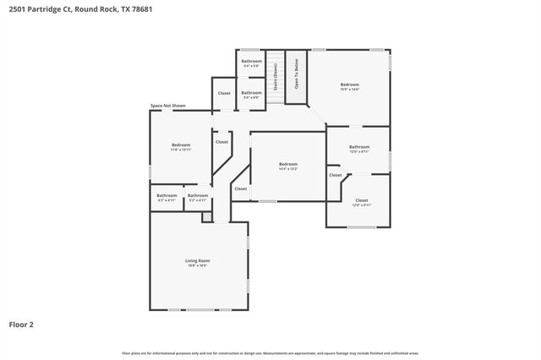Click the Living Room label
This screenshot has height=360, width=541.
197,260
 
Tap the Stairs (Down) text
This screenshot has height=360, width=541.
275,76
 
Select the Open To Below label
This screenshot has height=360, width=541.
297,73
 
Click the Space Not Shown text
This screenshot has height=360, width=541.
167,106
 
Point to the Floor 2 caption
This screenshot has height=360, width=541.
21,324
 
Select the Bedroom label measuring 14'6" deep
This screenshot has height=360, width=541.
350,85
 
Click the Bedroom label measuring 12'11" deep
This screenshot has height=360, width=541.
181,145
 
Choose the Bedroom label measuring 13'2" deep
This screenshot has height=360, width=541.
288,164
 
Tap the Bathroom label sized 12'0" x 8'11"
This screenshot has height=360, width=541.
359,147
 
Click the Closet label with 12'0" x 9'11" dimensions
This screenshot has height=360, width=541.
361,200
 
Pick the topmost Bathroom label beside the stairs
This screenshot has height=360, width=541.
251,61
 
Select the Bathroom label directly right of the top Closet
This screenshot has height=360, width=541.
251,92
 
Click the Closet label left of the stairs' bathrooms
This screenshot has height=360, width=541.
224,93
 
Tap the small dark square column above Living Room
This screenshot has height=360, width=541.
206,217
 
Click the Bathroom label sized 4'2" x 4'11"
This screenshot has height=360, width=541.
167,196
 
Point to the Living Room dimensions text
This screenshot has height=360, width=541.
197,265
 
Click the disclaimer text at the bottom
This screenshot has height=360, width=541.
270,352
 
